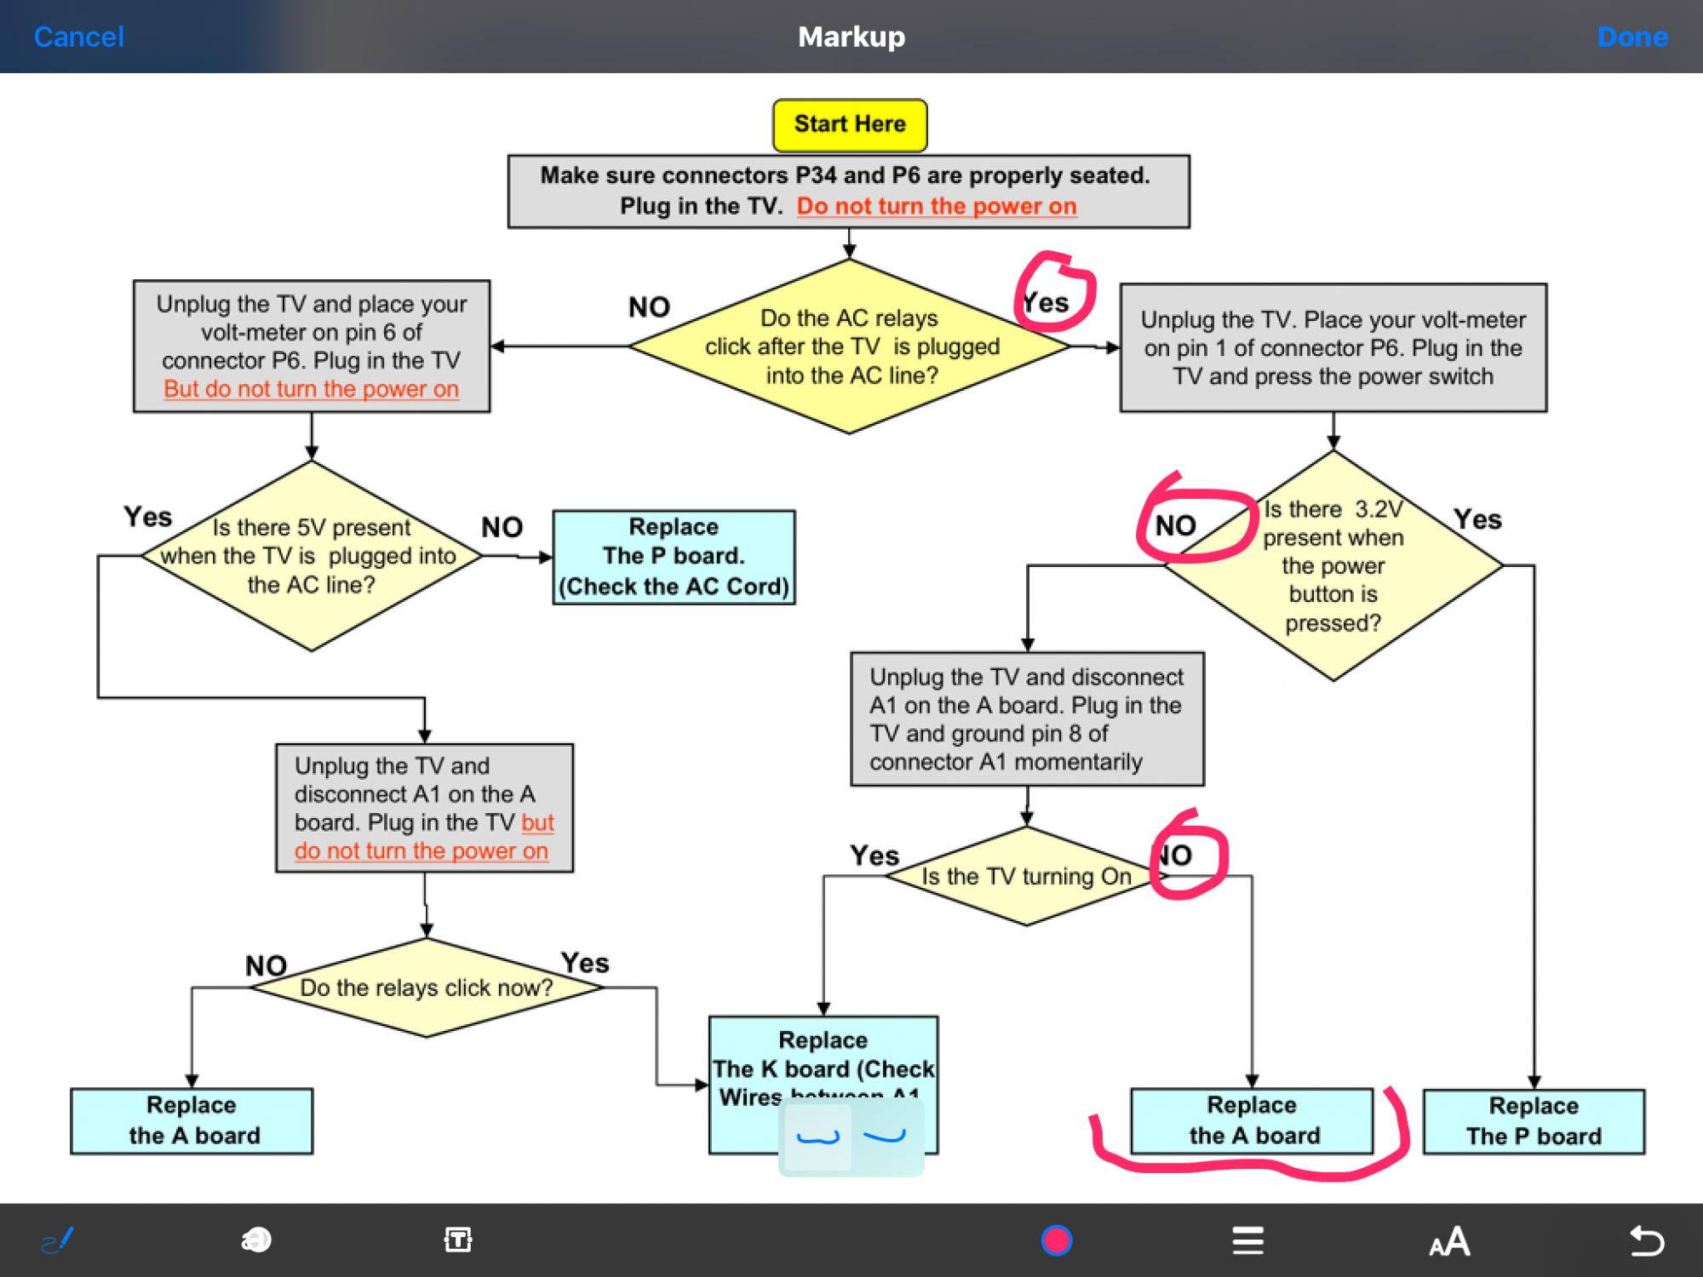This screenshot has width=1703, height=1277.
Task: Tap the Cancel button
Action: [78, 37]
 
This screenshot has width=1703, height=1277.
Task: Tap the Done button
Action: [1632, 37]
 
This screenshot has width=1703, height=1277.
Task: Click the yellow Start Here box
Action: [850, 124]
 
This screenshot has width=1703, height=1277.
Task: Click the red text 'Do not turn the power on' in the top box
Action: [937, 206]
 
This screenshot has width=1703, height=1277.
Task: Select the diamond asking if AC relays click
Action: [850, 346]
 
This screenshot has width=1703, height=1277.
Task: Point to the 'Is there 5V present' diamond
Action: [311, 556]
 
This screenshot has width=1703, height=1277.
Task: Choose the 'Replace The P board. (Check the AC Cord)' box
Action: [674, 557]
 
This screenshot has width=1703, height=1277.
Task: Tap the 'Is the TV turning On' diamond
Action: [1026, 876]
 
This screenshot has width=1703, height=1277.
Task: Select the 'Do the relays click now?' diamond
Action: [426, 988]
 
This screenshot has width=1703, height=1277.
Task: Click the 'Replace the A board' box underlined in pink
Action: [1252, 1120]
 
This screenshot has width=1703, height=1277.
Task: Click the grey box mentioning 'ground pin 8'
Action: [1027, 719]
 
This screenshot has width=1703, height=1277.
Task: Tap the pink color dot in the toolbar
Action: [1057, 1240]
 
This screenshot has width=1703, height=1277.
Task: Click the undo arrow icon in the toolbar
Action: [1646, 1240]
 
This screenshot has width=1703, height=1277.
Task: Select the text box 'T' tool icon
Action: [458, 1240]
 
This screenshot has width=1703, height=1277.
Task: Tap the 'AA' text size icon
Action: [1449, 1241]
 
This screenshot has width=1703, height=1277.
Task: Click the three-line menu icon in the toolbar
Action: [1247, 1240]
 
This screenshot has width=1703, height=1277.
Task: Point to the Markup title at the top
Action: [851, 37]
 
